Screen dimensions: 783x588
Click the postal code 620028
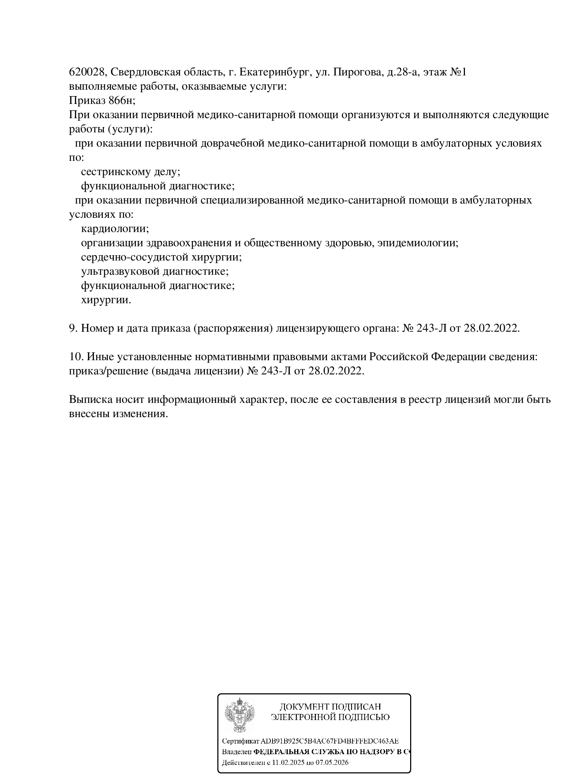pos(87,72)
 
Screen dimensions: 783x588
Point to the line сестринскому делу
pos(131,172)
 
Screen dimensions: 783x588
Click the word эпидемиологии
pos(418,243)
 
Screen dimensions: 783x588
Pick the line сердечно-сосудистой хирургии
pos(161,257)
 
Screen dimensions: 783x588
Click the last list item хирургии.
pos(106,300)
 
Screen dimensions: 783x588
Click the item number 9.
pos(73,328)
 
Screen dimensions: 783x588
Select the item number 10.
pos(76,357)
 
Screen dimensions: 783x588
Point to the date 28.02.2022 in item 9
pos(492,328)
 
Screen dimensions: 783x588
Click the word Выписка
pos(91,399)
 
